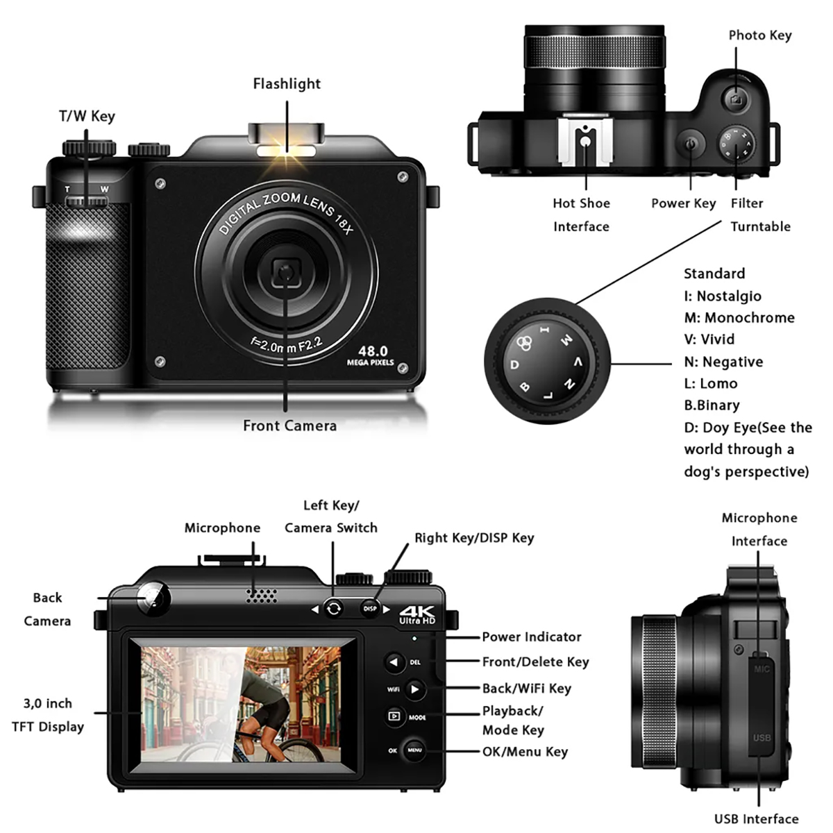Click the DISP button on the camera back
point(369,608)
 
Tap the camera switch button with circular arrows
point(333,609)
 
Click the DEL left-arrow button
point(394,662)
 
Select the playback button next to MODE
point(394,716)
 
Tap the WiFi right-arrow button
point(415,689)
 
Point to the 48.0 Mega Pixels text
point(371,356)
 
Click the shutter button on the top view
point(736,99)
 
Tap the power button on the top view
point(690,144)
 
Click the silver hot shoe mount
point(585,141)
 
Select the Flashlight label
point(287,84)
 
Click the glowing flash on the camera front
point(286,151)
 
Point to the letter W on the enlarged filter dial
point(566,340)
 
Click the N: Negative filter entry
point(723,362)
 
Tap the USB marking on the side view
point(762,737)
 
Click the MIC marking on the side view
point(762,669)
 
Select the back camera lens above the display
point(153,598)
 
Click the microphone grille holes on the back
point(262,596)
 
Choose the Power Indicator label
point(531,637)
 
